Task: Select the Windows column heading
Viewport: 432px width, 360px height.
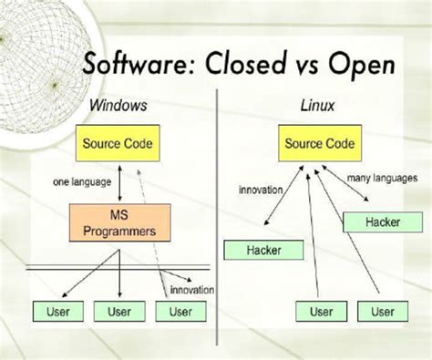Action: click(x=118, y=106)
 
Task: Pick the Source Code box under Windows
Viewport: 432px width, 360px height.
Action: click(x=118, y=144)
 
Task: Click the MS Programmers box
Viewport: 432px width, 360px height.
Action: click(x=118, y=223)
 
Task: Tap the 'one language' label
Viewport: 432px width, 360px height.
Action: click(x=75, y=182)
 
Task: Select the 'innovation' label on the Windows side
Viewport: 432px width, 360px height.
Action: click(x=191, y=290)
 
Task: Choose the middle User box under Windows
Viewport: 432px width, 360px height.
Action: click(x=118, y=312)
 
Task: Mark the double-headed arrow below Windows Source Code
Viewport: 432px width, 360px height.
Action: click(x=121, y=182)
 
